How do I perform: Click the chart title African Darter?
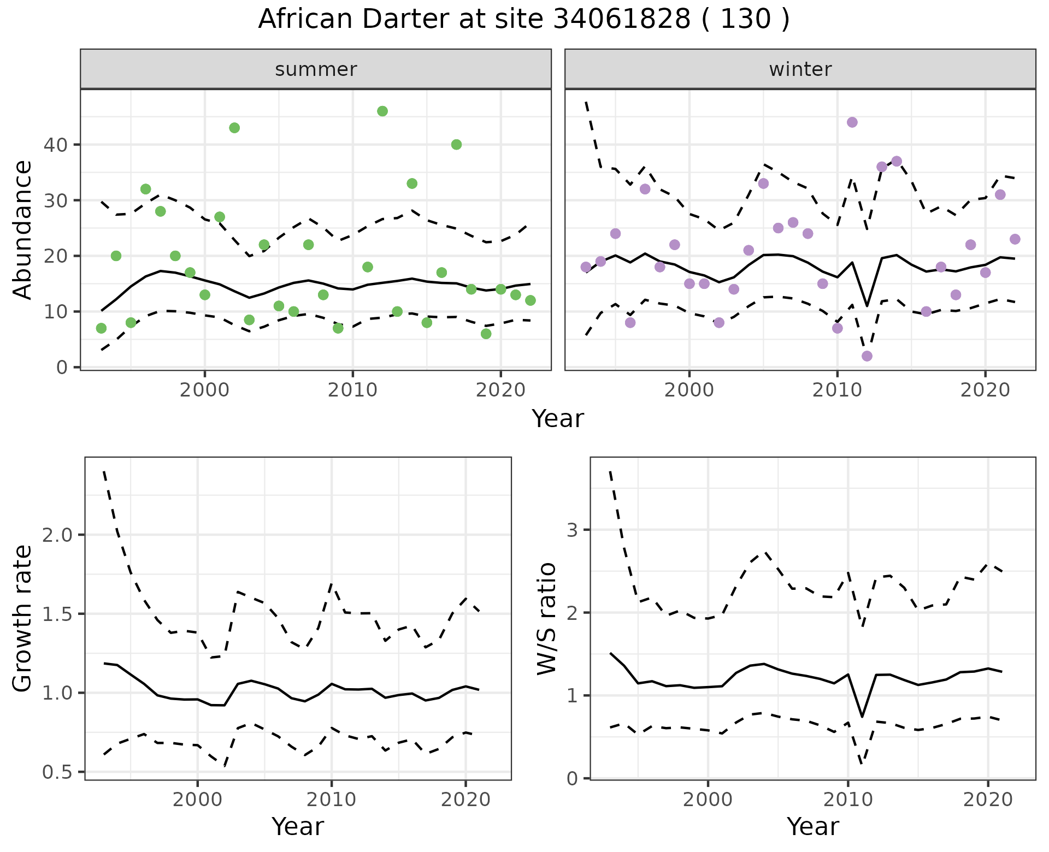pyautogui.click(x=523, y=20)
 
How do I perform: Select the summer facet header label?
pyautogui.click(x=316, y=69)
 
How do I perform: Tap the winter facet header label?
pyautogui.click(x=800, y=69)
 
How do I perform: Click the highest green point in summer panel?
pyautogui.click(x=382, y=111)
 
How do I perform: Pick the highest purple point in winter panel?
pyautogui.click(x=852, y=122)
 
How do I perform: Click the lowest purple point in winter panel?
pyautogui.click(x=867, y=356)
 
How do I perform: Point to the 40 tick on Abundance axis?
pyautogui.click(x=54, y=145)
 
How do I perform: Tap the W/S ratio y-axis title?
pyautogui.click(x=546, y=618)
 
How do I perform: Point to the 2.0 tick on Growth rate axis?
pyautogui.click(x=57, y=535)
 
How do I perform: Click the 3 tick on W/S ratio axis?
pyautogui.click(x=573, y=530)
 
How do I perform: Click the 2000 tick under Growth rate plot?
pyautogui.click(x=197, y=800)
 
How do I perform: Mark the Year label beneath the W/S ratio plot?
pyautogui.click(x=812, y=826)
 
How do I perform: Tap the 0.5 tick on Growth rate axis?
pyautogui.click(x=57, y=772)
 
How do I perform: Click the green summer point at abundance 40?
pyautogui.click(x=456, y=145)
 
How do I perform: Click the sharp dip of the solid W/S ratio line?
pyautogui.click(x=862, y=717)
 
